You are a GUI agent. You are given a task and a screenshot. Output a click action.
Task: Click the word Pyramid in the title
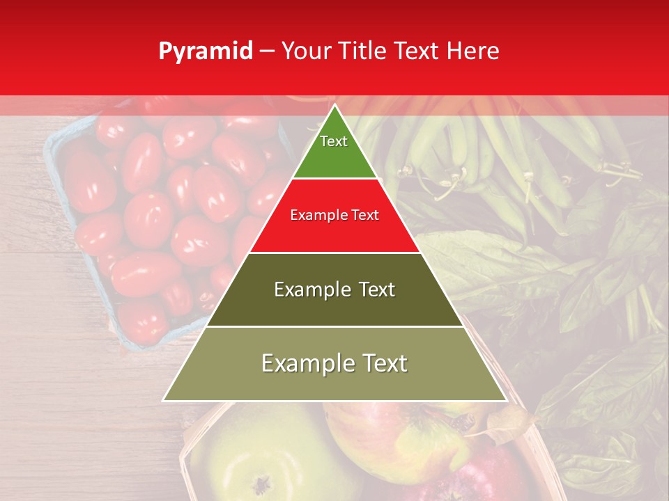206,51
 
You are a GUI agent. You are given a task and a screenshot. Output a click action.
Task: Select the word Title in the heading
361,51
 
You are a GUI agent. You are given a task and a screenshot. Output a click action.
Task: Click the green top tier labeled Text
334,150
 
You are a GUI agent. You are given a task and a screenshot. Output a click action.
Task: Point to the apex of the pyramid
334,105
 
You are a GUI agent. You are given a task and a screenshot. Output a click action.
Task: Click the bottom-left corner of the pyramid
164,400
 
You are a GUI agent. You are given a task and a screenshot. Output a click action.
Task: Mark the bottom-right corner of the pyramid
506,400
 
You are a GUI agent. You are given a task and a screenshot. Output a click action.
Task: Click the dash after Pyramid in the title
266,51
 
